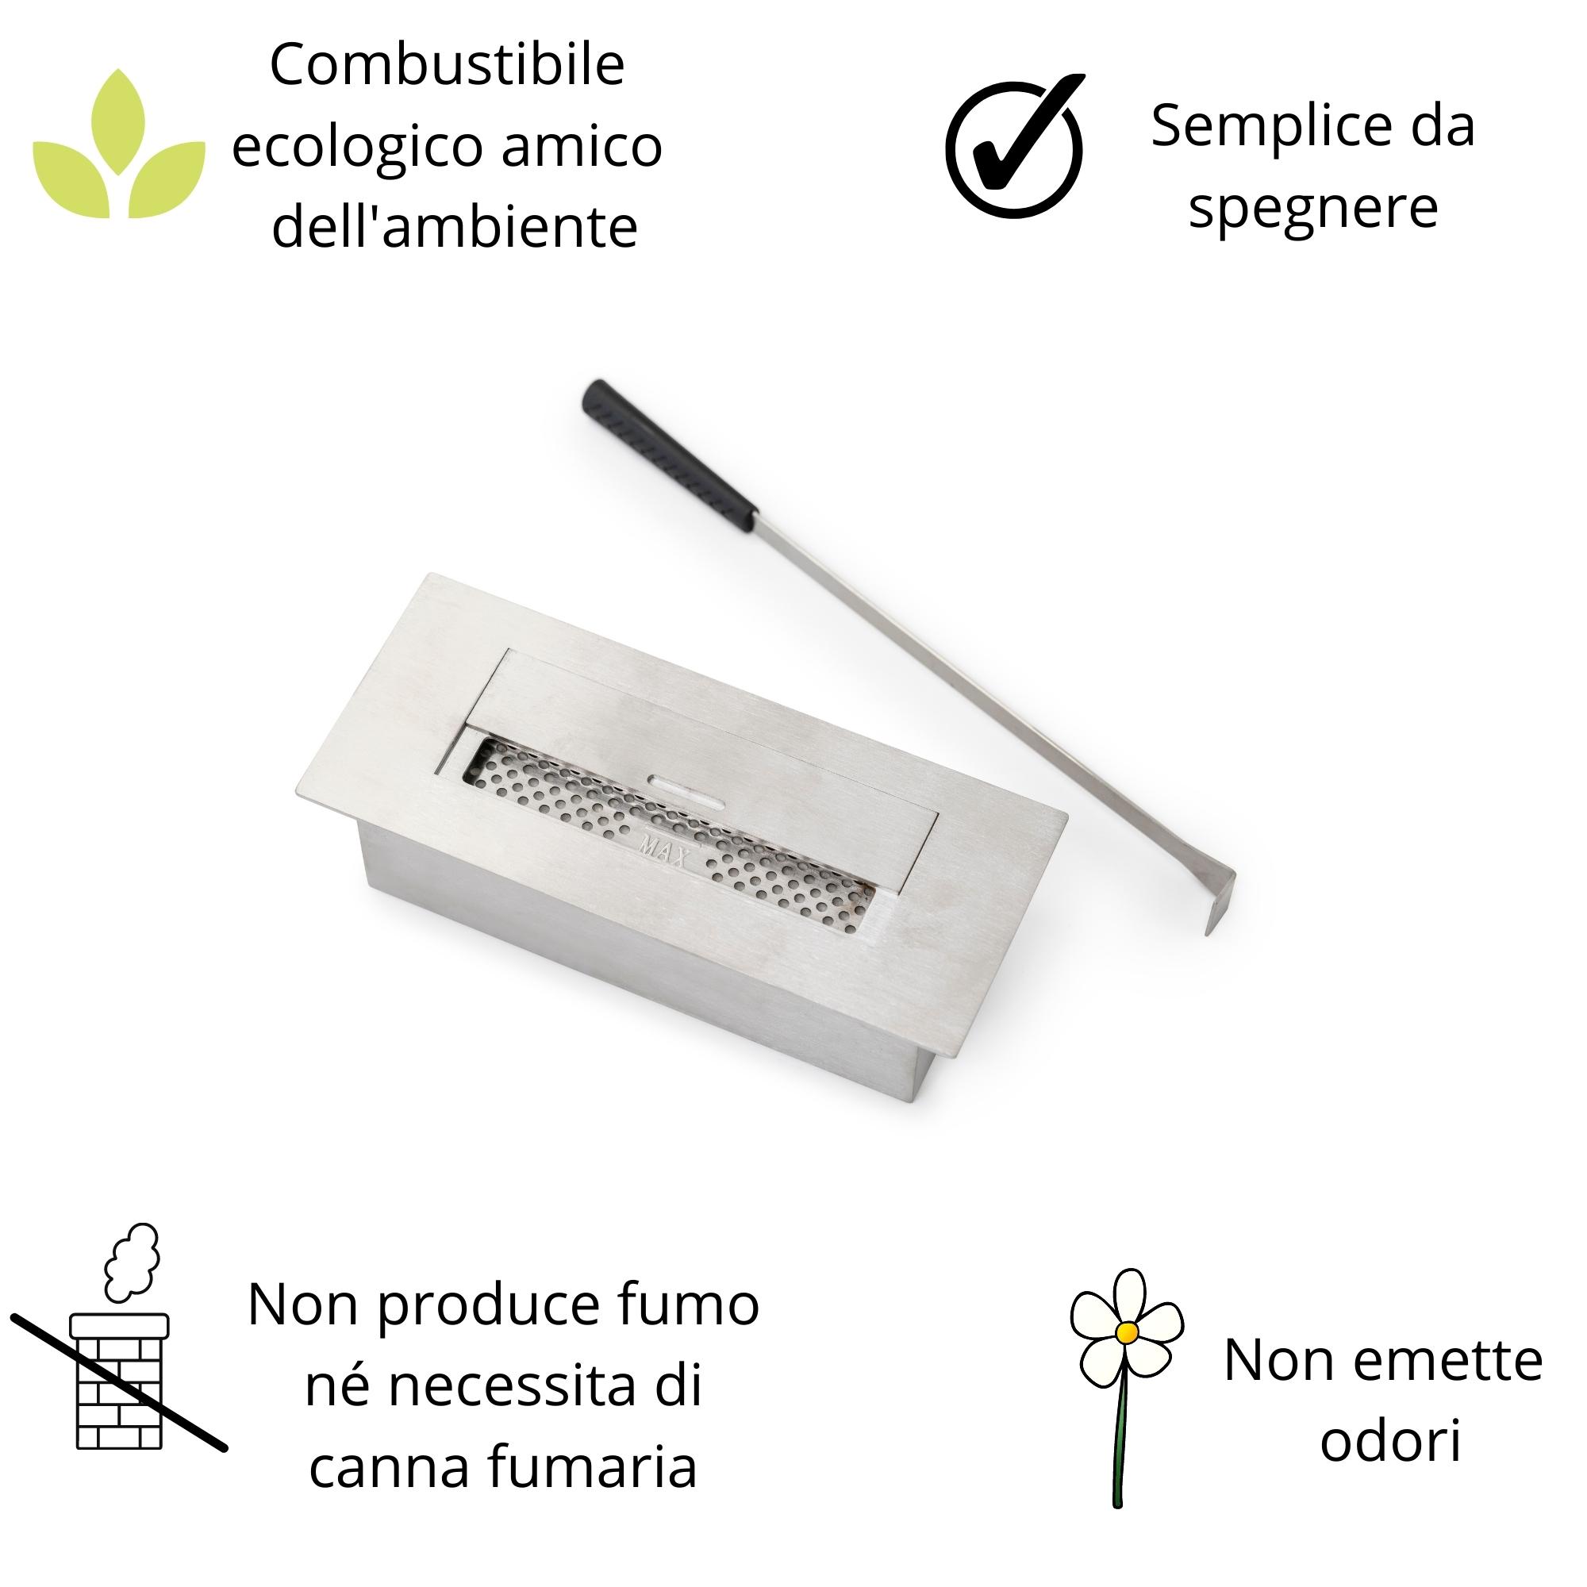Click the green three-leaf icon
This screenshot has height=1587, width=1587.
pyautogui.click(x=119, y=148)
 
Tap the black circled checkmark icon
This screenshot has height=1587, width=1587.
pyautogui.click(x=1016, y=148)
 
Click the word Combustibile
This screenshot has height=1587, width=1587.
pyautogui.click(x=447, y=66)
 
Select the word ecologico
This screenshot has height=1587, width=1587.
pyautogui.click(x=357, y=146)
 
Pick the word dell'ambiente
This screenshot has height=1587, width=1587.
pyautogui.click(x=454, y=227)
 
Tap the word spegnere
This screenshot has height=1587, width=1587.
pyautogui.click(x=1312, y=207)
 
